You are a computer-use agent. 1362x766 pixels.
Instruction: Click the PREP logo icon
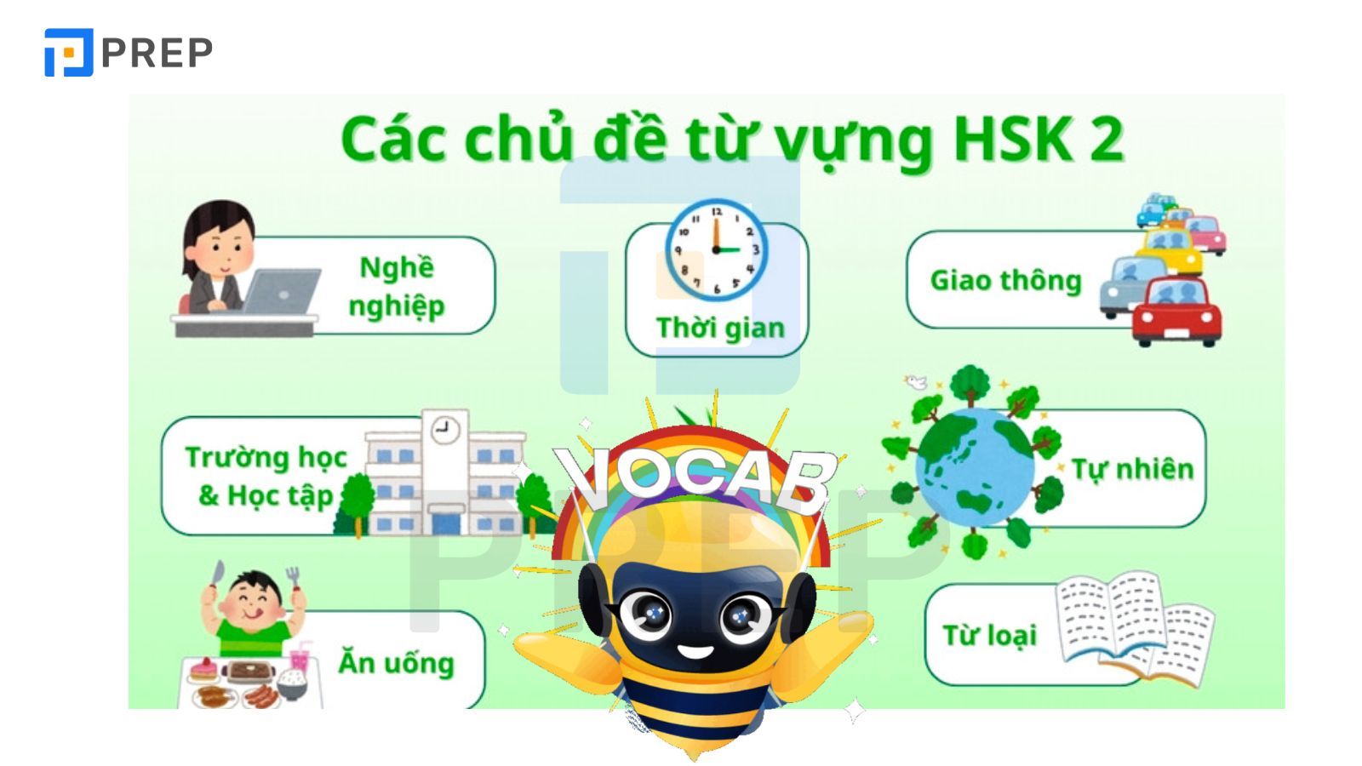coord(68,53)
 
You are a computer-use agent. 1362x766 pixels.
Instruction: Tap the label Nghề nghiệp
coord(397,286)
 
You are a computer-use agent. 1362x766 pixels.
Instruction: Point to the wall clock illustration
coord(716,249)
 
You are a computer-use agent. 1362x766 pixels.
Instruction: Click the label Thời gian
coord(720,328)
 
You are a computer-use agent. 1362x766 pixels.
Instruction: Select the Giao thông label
coord(1005,280)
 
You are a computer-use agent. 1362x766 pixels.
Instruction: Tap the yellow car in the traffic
coord(1170,247)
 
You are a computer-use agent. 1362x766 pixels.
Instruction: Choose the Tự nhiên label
coord(1132,468)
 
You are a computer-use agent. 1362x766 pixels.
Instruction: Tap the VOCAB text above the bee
coord(694,476)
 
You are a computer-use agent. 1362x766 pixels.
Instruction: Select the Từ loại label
coord(989,635)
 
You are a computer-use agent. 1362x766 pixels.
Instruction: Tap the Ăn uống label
coord(396,662)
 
